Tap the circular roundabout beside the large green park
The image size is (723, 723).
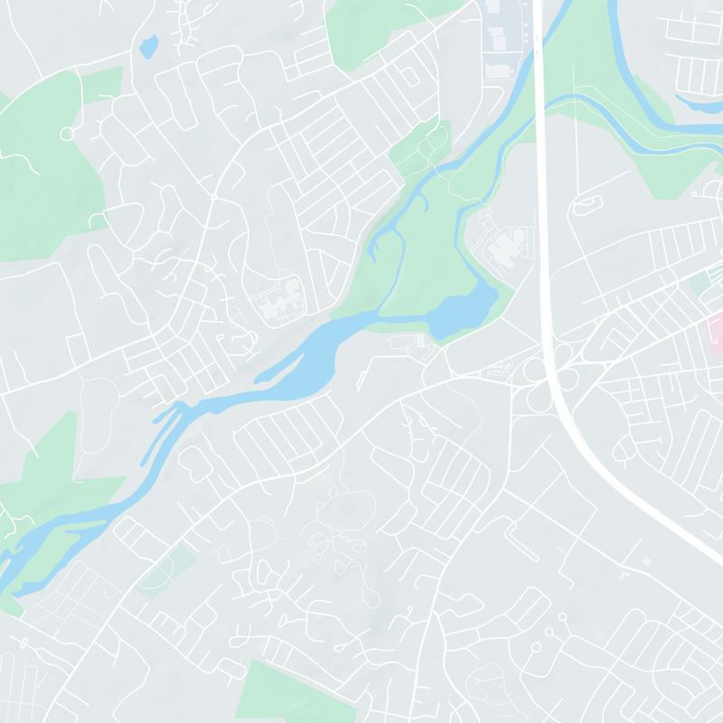click(x=66, y=134)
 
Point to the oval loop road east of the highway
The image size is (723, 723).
click(x=588, y=204)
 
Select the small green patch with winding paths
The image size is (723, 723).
click(x=422, y=145)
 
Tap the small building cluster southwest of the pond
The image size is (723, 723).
click(x=411, y=343)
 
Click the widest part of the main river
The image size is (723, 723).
click(x=316, y=352)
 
